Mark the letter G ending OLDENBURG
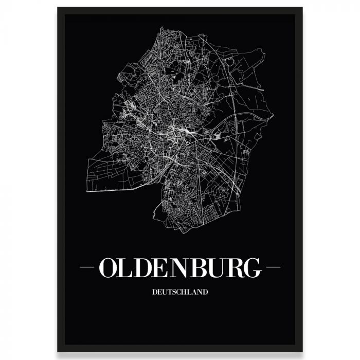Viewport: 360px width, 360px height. click(x=259, y=267)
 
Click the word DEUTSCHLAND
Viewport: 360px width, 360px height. click(x=180, y=293)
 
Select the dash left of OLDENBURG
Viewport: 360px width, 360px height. click(x=87, y=267)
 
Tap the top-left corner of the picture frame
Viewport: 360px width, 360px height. click(x=58, y=8)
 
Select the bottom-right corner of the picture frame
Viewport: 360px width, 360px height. click(x=302, y=351)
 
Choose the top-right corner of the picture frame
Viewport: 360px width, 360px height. click(x=302, y=8)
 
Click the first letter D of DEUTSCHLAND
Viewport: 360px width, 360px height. click(x=155, y=293)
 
